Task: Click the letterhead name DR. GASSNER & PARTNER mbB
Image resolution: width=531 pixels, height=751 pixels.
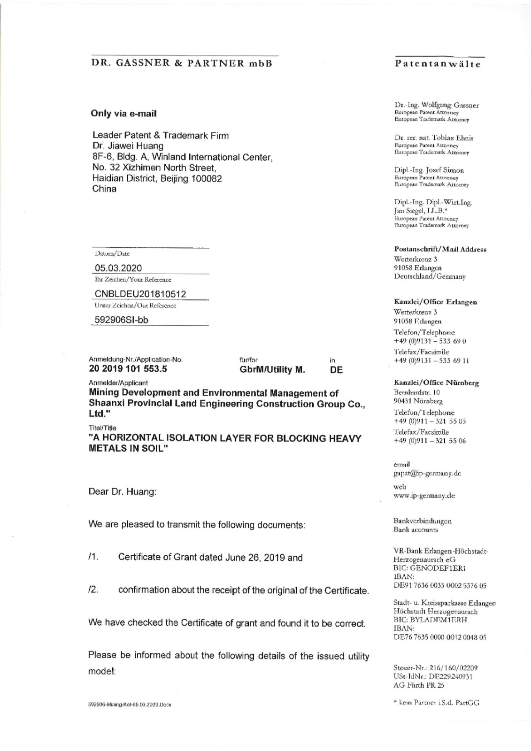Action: click(x=181, y=63)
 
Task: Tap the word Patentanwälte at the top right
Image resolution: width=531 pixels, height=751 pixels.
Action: click(x=438, y=64)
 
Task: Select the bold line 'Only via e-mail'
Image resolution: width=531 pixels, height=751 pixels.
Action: click(x=123, y=114)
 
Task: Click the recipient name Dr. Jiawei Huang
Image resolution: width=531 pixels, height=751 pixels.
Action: click(x=128, y=146)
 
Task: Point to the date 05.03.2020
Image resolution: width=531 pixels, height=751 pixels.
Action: click(x=118, y=268)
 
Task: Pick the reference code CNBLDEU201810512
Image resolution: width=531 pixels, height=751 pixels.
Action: click(x=140, y=294)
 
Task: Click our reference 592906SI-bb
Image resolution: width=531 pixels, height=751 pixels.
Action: click(x=122, y=320)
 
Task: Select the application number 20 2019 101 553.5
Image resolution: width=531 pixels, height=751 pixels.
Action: click(x=128, y=369)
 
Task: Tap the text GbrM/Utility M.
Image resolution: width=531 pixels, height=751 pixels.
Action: click(x=272, y=370)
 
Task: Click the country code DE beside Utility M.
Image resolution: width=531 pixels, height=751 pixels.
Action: click(x=336, y=370)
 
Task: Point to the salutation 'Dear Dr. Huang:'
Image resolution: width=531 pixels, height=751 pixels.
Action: click(x=122, y=492)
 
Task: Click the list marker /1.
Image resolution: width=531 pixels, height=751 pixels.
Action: click(x=92, y=558)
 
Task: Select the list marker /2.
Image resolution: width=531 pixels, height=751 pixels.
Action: click(x=92, y=590)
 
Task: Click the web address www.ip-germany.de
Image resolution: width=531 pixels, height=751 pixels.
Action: click(x=424, y=496)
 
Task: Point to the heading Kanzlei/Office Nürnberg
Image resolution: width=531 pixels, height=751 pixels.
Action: click(x=436, y=383)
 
